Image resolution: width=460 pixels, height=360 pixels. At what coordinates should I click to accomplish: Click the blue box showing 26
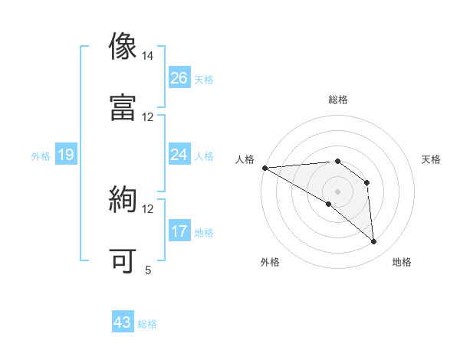(179, 77)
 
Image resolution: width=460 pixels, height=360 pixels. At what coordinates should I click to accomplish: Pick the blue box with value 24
(179, 155)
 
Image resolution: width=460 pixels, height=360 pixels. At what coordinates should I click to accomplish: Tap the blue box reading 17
(179, 231)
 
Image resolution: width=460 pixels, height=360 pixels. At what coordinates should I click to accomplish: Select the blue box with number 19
(66, 155)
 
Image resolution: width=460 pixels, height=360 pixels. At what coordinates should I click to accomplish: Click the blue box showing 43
(123, 322)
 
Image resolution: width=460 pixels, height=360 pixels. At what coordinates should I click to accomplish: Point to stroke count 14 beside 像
(148, 56)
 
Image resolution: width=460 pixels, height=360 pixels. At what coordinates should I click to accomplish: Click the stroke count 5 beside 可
(148, 270)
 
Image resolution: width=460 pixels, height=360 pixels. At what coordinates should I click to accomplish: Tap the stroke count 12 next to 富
(148, 117)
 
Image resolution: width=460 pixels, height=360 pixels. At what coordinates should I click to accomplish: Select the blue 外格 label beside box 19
(41, 156)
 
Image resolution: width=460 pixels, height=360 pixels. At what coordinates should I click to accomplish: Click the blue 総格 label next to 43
(147, 324)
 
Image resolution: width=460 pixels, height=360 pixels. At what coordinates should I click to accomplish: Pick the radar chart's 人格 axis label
(245, 159)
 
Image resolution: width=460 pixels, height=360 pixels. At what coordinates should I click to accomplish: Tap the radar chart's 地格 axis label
(402, 262)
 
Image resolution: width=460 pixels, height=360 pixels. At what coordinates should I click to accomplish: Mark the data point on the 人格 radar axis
(264, 168)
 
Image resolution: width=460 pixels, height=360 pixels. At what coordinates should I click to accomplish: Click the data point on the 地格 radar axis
(373, 241)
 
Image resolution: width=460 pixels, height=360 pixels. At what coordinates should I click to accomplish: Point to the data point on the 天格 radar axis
(366, 182)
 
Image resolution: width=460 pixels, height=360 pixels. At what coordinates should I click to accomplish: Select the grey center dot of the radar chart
(337, 191)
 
